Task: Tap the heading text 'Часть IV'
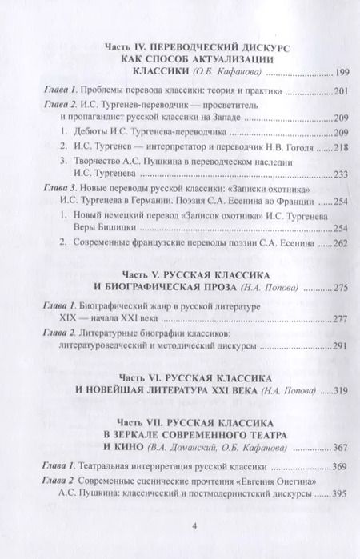pos(126,48)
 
